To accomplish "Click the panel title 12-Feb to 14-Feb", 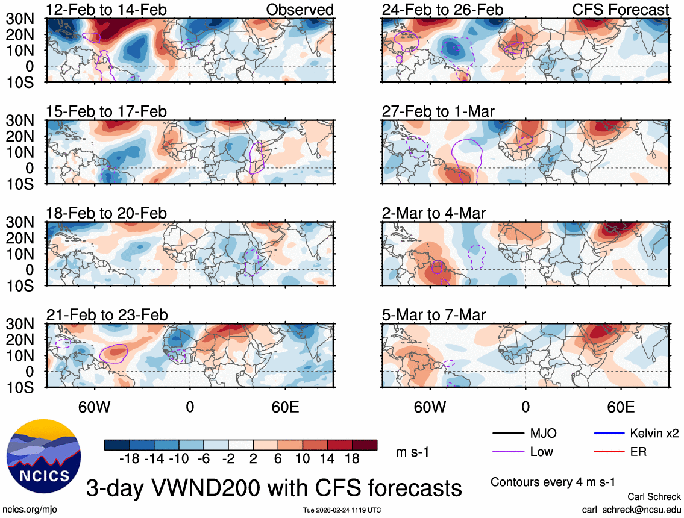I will pos(107,10).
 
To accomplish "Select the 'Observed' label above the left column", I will pos(300,10).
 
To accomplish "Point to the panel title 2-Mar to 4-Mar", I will pos(434,213).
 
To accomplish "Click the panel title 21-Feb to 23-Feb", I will pos(107,315).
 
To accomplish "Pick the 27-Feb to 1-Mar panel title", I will pos(438,111).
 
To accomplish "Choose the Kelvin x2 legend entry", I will pos(654,433).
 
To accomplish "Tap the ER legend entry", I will pos(638,451).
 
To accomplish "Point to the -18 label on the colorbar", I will pos(130,458).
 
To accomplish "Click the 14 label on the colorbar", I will pos(328,458).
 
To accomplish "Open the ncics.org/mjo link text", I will pos(28,510).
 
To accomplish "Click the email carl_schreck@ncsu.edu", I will pos(632,509).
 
